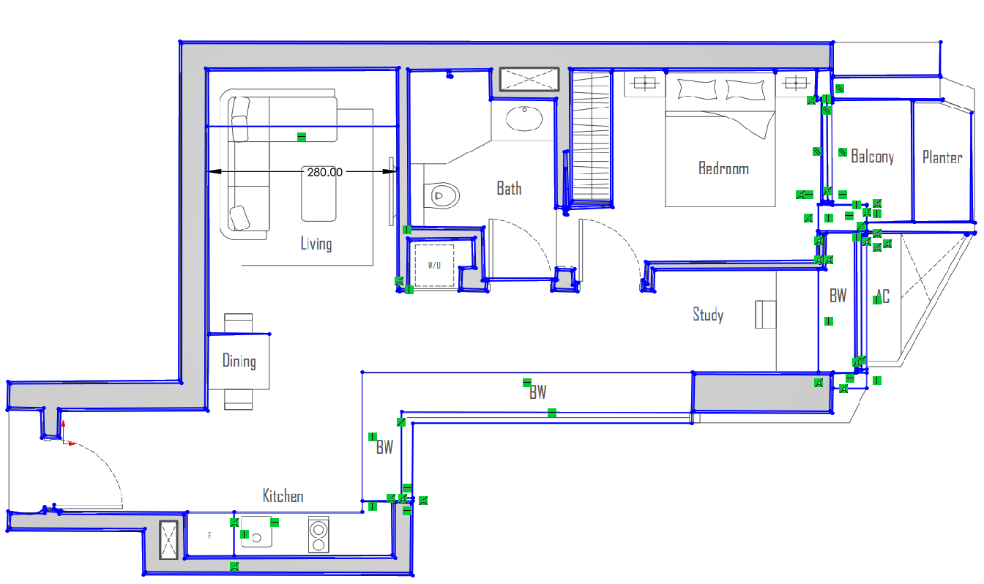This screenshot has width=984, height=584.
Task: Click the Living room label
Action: point(316,244)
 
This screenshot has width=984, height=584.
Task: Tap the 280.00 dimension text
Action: point(324,173)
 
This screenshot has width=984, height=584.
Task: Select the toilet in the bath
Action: point(444,195)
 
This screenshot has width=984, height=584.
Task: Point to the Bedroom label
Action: point(723,169)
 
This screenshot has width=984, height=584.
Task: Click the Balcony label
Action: point(872,157)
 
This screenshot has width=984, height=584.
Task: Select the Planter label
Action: point(942,157)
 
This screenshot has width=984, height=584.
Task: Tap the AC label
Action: point(882,297)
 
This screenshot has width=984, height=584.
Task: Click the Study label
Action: point(708,315)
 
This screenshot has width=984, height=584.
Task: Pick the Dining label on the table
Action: point(239,361)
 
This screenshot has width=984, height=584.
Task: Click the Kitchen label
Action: point(283,496)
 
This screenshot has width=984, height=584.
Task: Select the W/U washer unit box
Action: point(434,265)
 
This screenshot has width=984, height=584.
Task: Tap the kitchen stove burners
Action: point(319,535)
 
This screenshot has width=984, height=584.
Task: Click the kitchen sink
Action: point(257,535)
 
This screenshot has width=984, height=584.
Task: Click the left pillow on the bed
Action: point(698,89)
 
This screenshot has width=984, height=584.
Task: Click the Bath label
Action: point(509,189)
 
